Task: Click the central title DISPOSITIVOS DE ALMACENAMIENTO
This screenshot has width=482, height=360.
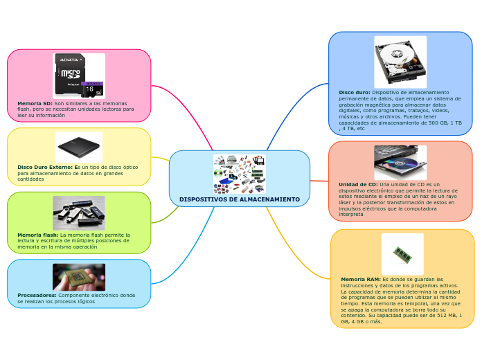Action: [239, 199]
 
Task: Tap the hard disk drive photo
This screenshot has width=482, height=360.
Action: [400, 62]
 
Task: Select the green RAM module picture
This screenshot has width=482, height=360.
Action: [402, 253]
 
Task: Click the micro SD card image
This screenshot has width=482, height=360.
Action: [79, 75]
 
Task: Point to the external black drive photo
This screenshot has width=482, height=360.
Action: [78, 147]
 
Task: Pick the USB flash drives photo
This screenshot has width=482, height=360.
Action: [78, 213]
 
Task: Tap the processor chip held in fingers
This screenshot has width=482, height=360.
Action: [78, 277]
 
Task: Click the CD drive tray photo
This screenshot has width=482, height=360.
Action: [400, 163]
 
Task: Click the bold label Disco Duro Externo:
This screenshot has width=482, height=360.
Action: [44, 167]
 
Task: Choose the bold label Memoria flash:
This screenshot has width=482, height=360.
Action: [37, 235]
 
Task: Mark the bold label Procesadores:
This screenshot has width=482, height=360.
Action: [37, 295]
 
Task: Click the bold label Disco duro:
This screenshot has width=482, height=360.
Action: [354, 92]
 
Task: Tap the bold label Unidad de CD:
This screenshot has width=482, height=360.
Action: [357, 185]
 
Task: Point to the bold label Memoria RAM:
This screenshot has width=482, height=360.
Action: [359, 279]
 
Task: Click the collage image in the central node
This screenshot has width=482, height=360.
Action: [239, 174]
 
